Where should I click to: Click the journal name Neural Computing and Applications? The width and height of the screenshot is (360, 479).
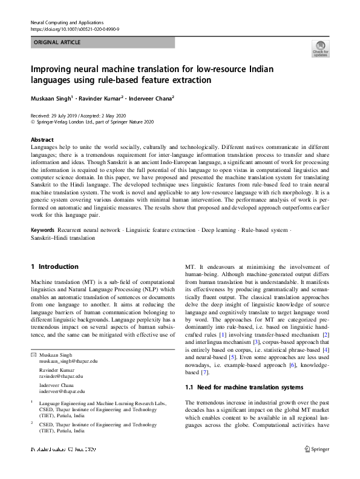point(67,21)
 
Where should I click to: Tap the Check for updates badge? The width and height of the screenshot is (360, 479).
point(321,48)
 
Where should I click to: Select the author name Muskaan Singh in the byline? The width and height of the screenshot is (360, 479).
point(51,98)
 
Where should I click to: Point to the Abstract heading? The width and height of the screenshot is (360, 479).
point(42,139)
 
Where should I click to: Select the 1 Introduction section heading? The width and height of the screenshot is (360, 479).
point(54,266)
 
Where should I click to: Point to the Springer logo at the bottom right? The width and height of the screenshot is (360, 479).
point(316,449)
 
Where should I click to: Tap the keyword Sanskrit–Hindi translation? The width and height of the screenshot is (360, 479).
point(62,239)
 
